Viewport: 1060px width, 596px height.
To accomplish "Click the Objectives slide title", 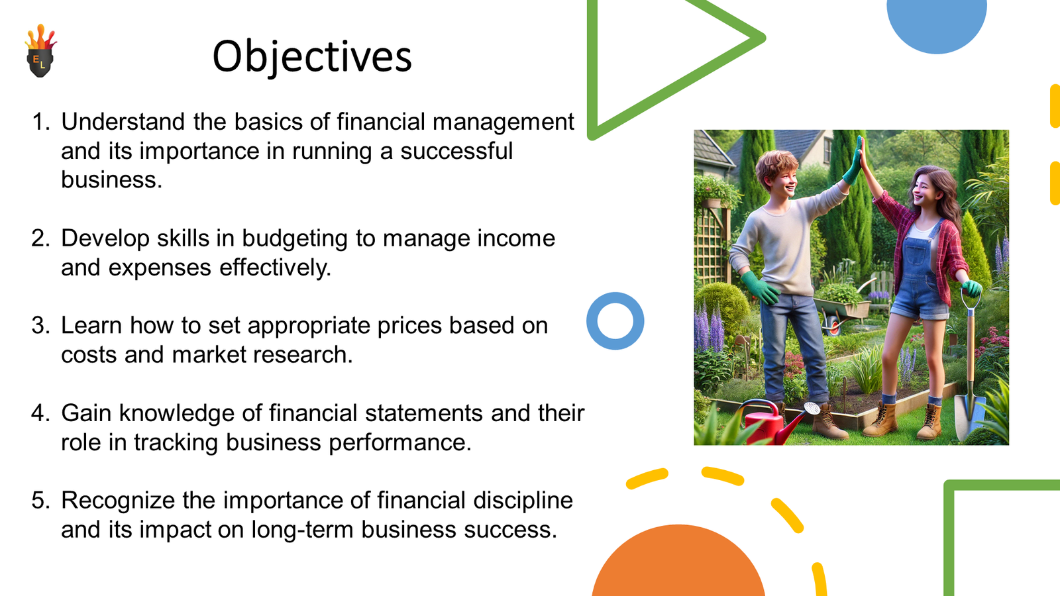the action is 312,57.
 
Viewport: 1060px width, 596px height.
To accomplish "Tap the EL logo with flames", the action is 40,50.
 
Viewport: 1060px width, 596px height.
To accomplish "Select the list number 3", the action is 40,325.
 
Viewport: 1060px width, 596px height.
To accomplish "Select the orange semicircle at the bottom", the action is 678,563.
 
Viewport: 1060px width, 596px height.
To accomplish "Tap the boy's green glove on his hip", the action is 760,287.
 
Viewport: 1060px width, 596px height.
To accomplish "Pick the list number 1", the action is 40,122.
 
